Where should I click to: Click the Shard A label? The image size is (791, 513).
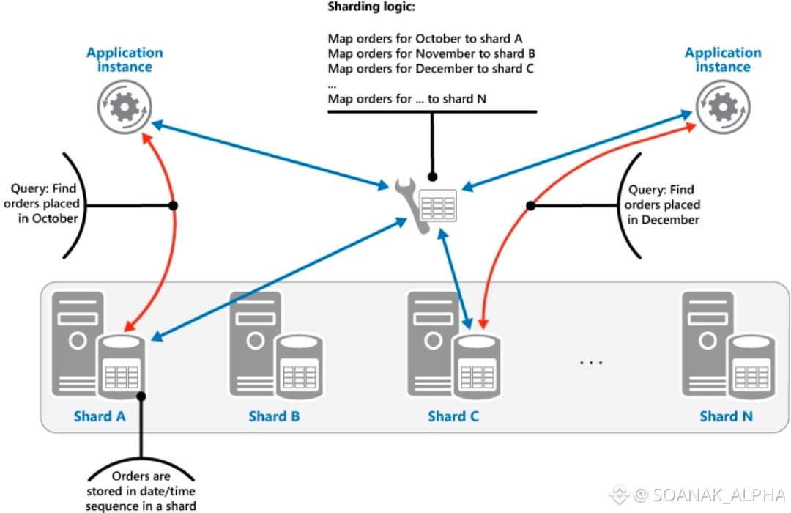[x=100, y=416]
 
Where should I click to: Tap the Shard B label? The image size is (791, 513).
[x=274, y=416]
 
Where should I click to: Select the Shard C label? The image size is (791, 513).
[x=453, y=416]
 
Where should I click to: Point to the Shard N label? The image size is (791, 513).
[x=726, y=416]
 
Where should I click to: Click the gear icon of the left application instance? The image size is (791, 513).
[x=125, y=107]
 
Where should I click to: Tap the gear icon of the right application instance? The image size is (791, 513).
[x=723, y=107]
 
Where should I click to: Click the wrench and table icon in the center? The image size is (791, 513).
[x=426, y=204]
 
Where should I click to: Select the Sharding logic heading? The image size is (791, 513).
[x=371, y=7]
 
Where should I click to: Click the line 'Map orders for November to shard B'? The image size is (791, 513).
[x=431, y=53]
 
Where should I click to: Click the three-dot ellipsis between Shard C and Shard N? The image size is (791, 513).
[x=591, y=363]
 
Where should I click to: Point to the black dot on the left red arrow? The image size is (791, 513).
[x=173, y=205]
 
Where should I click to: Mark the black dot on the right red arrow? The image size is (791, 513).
[x=531, y=205]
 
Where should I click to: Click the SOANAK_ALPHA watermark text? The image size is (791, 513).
[x=719, y=495]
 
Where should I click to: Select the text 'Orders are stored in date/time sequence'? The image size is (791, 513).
[x=141, y=491]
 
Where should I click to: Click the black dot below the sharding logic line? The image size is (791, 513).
[x=432, y=177]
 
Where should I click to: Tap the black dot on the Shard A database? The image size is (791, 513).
[x=141, y=396]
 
